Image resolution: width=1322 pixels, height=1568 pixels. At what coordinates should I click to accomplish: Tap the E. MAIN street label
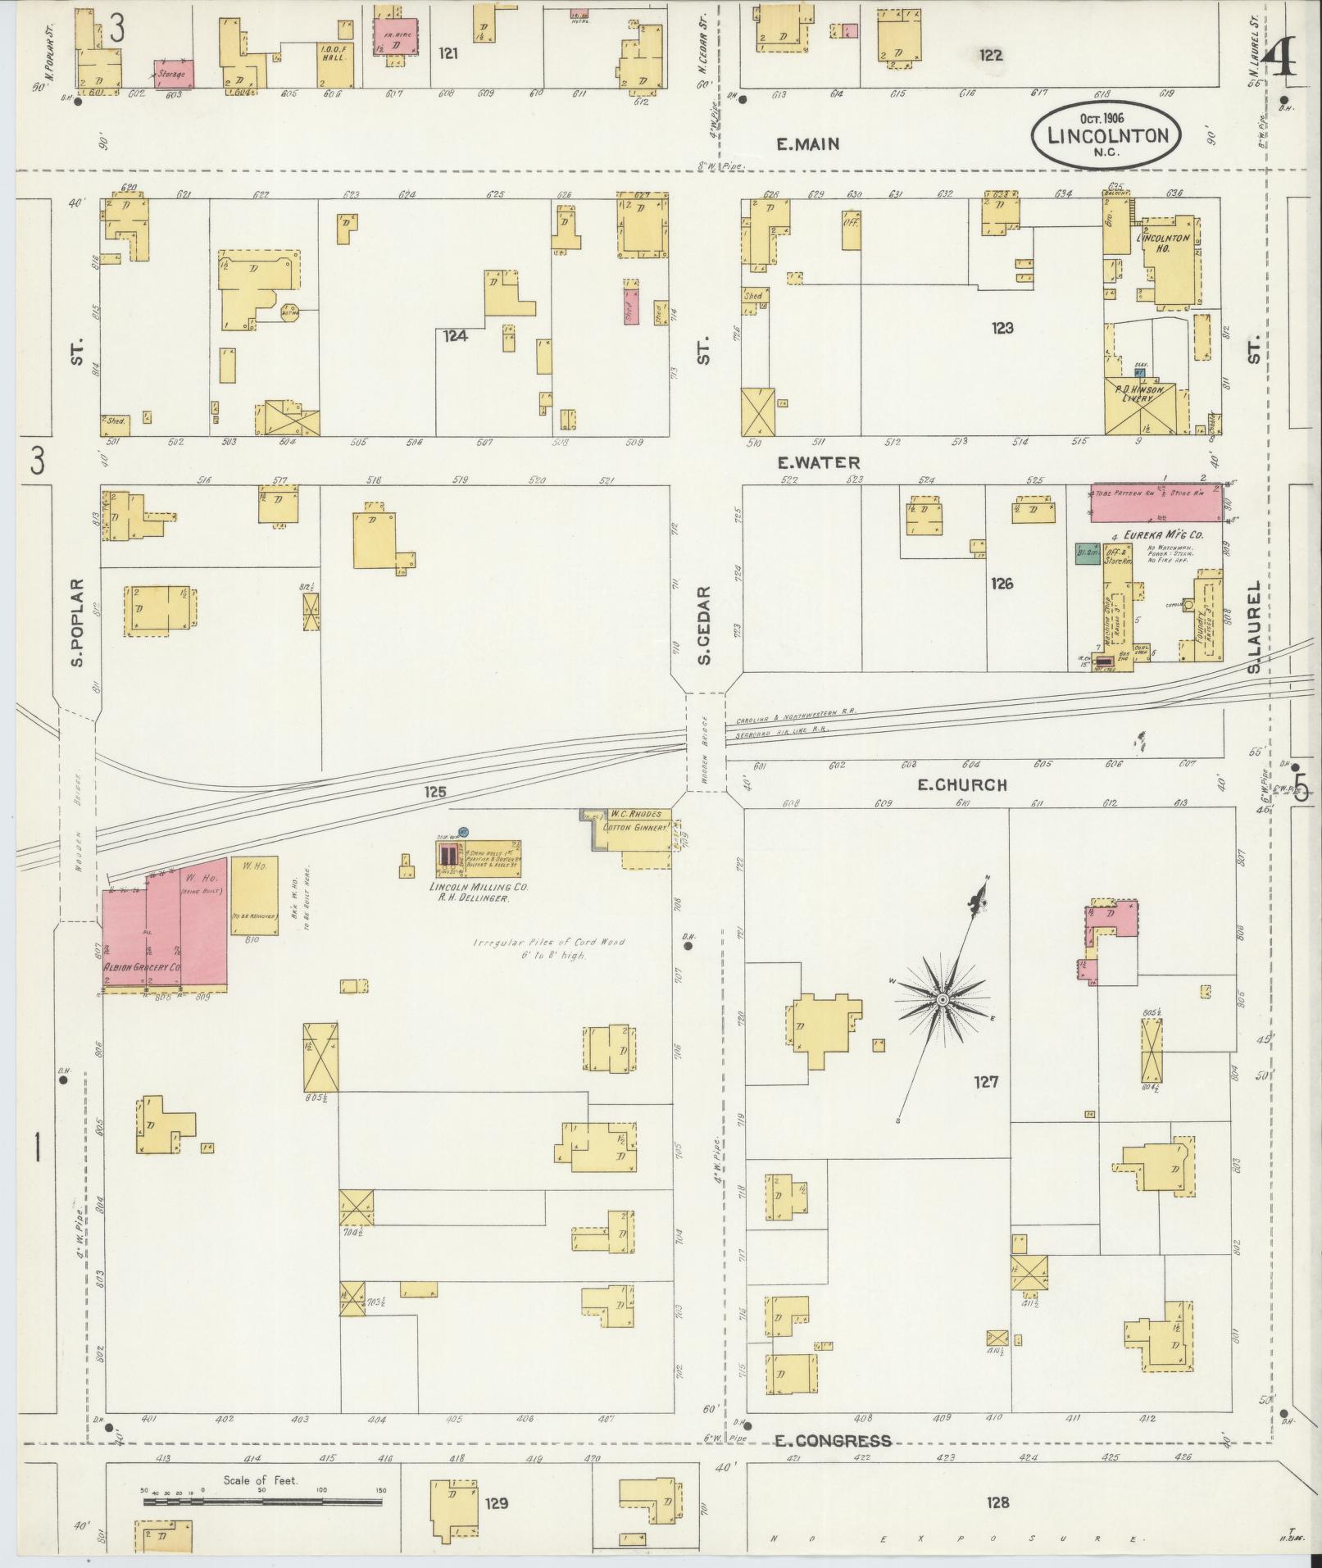[807, 144]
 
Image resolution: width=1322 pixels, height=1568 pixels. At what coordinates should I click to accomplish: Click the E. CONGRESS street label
[832, 1440]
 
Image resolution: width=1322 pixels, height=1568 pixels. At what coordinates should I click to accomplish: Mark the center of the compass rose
[943, 999]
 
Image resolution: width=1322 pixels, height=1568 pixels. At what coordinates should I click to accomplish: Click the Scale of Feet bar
[262, 1502]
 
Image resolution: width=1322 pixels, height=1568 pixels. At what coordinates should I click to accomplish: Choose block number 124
[455, 335]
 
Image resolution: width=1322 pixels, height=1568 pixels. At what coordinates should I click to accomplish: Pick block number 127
[986, 1082]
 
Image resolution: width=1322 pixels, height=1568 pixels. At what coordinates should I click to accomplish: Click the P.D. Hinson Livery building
[1143, 407]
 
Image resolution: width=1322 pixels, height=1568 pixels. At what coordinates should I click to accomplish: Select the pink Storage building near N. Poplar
[175, 73]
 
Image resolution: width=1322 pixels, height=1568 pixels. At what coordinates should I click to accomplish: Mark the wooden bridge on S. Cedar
[706, 742]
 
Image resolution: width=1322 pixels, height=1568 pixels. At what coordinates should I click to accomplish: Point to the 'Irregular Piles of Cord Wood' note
[548, 948]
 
